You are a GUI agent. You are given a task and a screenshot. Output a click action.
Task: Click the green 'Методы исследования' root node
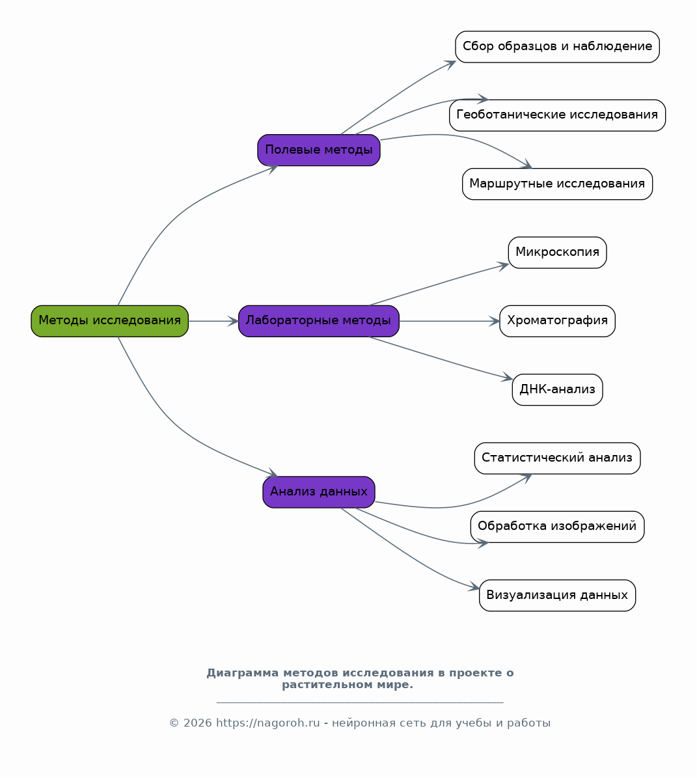(109, 321)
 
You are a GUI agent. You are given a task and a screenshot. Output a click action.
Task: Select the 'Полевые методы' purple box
(319, 150)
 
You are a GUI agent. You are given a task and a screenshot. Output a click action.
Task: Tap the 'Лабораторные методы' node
(319, 321)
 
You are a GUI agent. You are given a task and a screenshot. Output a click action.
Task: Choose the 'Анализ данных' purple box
(319, 492)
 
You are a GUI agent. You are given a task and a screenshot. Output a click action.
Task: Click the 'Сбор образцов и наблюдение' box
(557, 47)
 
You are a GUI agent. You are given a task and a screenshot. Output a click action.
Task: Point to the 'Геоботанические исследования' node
(557, 115)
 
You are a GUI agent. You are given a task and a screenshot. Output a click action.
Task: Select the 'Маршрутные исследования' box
(557, 184)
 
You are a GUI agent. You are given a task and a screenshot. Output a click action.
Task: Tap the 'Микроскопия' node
(557, 253)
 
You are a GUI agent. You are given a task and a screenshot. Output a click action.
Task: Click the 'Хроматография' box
(557, 321)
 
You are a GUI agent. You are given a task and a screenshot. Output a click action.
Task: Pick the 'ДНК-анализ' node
(557, 390)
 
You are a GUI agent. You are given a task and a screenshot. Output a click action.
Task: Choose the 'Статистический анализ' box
(557, 458)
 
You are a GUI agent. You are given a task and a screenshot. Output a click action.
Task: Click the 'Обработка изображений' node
(557, 527)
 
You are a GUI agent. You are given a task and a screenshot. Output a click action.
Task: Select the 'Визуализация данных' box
(557, 596)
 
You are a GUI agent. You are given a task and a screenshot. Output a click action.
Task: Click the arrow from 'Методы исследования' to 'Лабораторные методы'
(213, 321)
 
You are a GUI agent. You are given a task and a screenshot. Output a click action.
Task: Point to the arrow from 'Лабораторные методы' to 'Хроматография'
(449, 321)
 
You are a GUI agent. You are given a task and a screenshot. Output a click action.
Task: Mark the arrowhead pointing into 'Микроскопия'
(503, 265)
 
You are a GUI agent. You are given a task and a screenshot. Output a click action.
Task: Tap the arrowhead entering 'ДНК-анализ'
(507, 378)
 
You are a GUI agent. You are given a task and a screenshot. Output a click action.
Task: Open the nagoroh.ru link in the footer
(267, 723)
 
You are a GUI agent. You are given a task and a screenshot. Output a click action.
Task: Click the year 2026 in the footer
(197, 723)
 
